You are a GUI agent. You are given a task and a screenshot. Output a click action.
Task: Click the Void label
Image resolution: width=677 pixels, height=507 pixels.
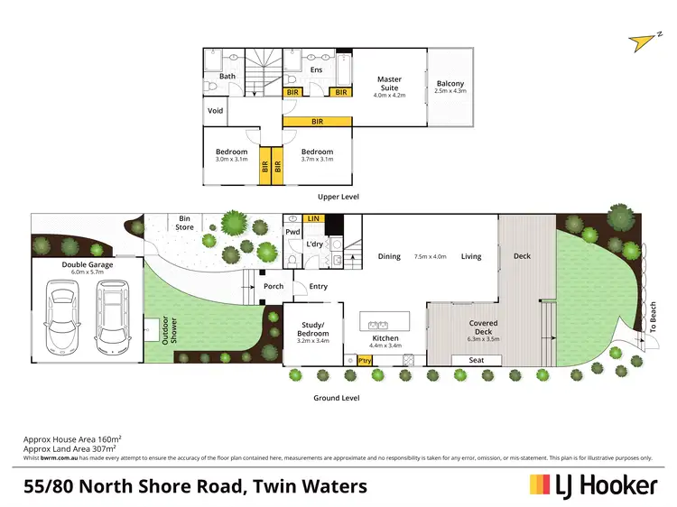point(215,111)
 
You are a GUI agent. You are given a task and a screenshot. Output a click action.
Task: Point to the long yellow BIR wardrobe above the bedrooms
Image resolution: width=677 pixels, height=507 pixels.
point(318,121)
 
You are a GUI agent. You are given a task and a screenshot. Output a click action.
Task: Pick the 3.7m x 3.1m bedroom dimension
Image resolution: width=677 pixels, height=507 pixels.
point(317,160)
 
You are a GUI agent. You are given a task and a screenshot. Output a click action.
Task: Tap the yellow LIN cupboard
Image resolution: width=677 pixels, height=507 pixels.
point(312,218)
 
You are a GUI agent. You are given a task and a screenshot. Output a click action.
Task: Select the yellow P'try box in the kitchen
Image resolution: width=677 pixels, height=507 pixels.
point(365,360)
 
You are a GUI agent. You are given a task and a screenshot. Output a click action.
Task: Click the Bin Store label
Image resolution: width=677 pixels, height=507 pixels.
point(185,222)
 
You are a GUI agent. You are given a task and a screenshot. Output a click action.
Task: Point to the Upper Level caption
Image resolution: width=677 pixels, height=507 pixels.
point(338,196)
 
